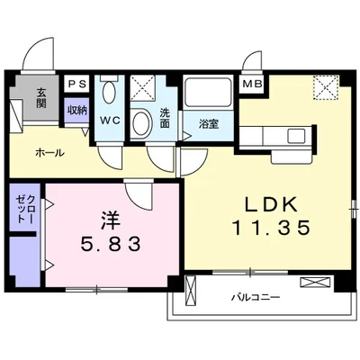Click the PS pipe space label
coord(77,84)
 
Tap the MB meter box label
coord(253,84)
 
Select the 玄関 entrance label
coord(41,98)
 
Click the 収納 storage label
coord(76,111)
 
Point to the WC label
coord(110,121)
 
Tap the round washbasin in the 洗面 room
coord(140,123)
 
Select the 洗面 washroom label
coord(165,118)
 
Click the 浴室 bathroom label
coord(209,124)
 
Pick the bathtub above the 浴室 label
coord(208,94)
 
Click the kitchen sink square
coord(296,136)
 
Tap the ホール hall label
coord(49,153)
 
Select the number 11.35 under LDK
coord(271,227)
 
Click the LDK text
coord(271,205)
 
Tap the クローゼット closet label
coord(25,209)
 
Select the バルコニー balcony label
coord(256,298)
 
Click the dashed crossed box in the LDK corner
coord(326,87)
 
